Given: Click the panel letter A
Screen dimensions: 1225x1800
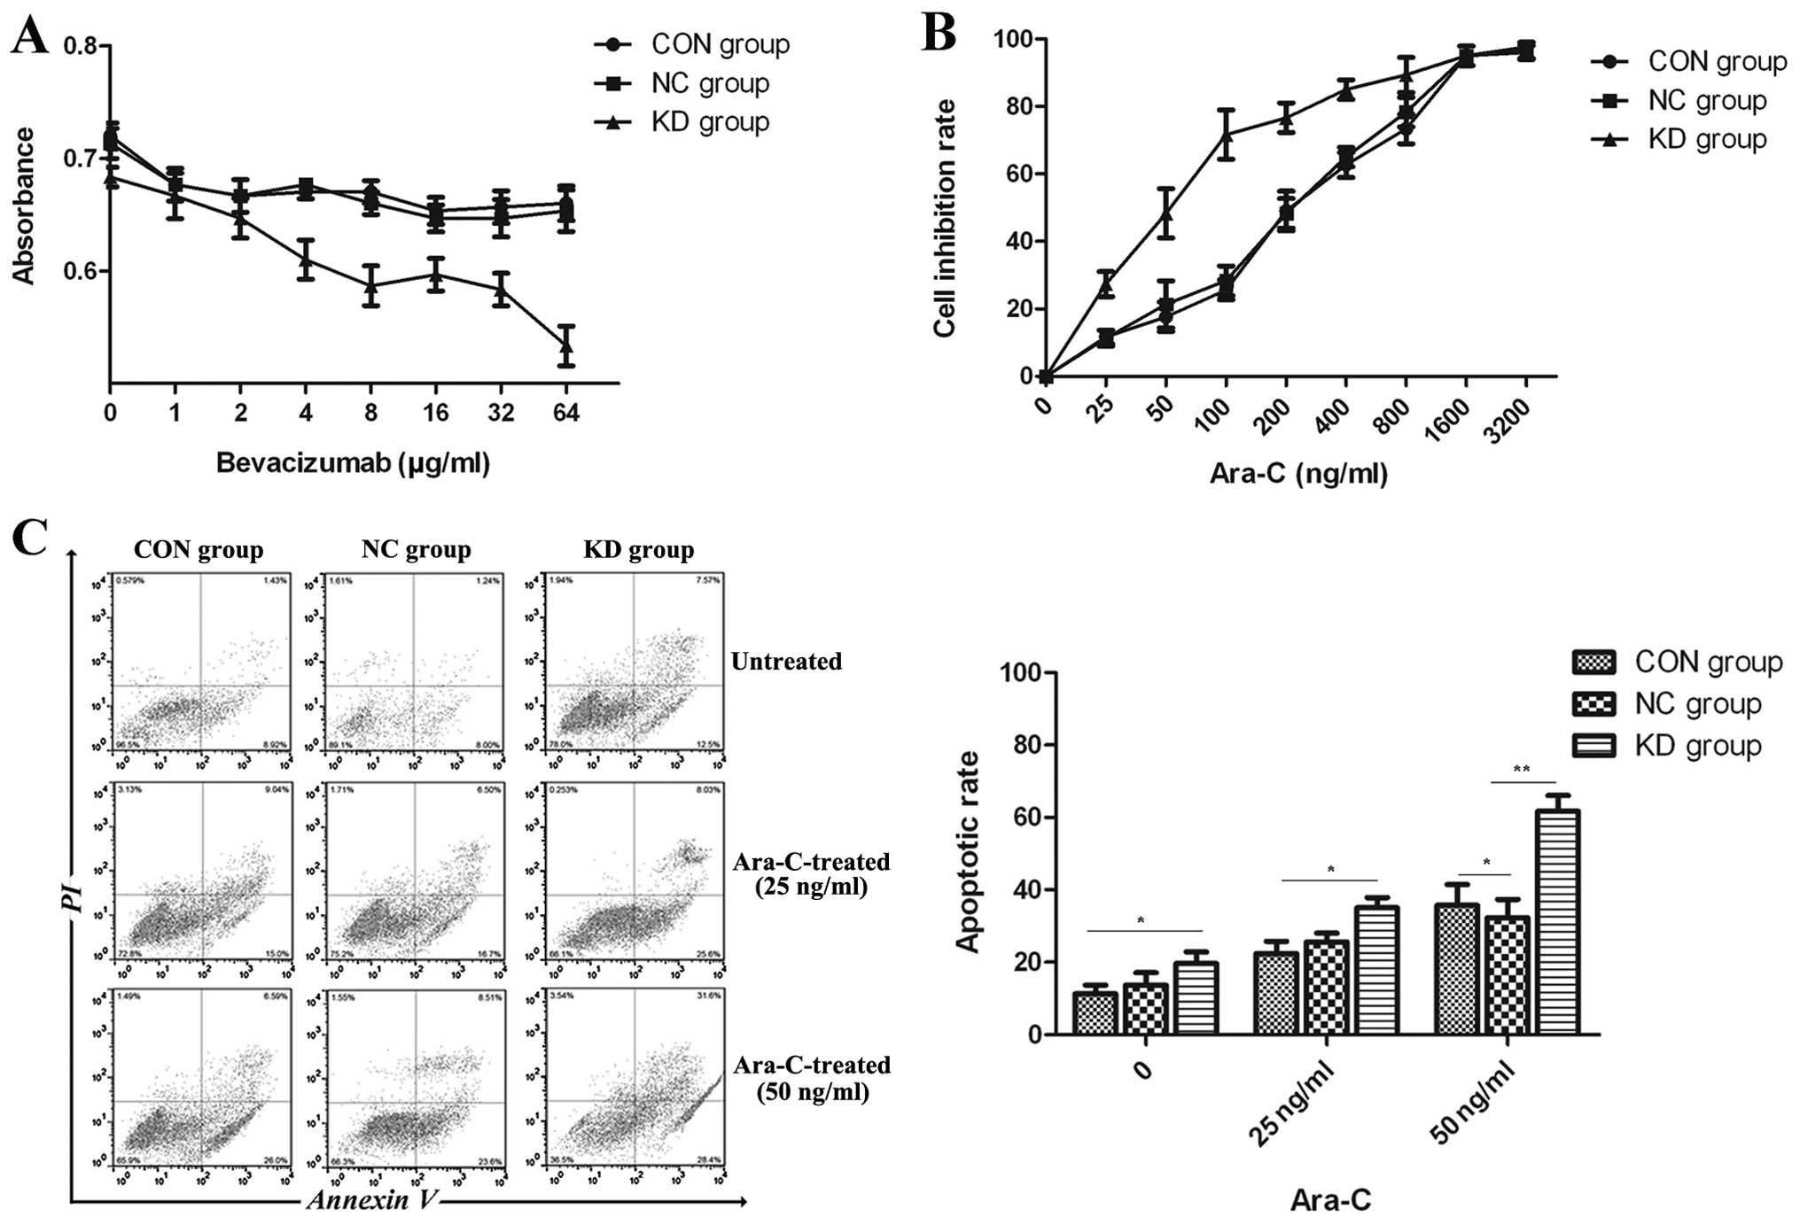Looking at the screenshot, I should point(30,37).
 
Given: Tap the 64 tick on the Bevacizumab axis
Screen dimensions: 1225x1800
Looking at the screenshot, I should point(566,413).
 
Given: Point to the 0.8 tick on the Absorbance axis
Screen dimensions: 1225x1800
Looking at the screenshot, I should point(82,45).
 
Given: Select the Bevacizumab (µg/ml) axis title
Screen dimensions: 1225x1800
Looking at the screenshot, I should point(353,462).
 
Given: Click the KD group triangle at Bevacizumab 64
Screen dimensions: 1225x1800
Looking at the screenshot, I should point(566,346).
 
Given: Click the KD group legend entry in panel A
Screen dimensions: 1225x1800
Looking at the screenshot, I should point(682,122).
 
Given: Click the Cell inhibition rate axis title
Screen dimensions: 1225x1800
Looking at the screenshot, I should point(945,218).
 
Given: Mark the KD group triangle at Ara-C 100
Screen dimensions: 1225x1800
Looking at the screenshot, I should point(1227,135).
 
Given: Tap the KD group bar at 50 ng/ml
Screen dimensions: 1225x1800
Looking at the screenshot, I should point(1557,921).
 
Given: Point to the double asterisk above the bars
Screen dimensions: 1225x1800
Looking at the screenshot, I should point(1522,770).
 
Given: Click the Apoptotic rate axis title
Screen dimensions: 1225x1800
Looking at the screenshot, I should point(969,851).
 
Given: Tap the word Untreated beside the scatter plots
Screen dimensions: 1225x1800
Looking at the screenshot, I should point(786,662).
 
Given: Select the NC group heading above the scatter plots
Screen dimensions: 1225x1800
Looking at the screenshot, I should point(416,550).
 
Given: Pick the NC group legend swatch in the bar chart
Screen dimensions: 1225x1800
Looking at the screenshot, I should point(1594,704).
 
